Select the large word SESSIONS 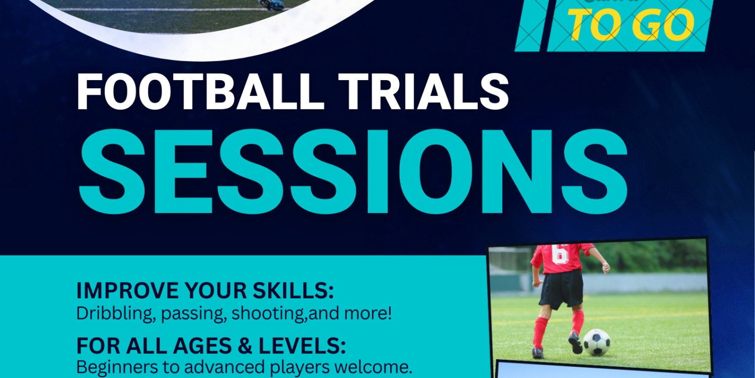click(352, 171)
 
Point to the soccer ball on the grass click(597, 342)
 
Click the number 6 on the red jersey click(560, 254)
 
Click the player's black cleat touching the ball click(575, 343)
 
